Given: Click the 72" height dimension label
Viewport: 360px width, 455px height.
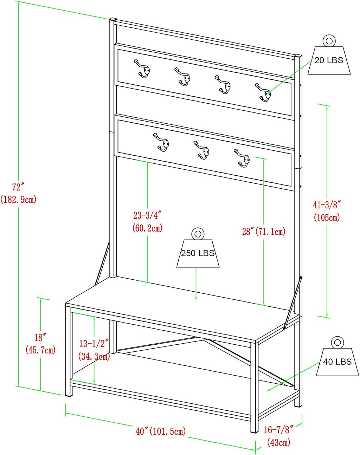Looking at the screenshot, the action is (x=18, y=187).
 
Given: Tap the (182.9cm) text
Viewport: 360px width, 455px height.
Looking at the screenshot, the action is (x=18, y=199).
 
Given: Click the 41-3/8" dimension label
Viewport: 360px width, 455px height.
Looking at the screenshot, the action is (x=327, y=205).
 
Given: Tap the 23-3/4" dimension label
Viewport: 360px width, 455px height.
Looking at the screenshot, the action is (x=147, y=215).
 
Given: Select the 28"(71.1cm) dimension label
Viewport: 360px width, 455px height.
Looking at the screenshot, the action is (x=264, y=232).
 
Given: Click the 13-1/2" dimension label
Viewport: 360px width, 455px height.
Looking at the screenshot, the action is (x=94, y=344).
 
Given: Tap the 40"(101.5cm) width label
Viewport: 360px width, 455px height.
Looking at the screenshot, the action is (x=161, y=431).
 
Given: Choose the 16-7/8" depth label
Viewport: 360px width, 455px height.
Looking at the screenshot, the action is (x=278, y=430).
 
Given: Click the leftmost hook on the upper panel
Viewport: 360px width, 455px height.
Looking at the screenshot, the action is (x=142, y=69).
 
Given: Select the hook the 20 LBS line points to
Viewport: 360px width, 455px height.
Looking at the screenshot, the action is (x=263, y=92).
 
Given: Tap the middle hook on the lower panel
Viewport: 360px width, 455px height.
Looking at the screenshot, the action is (x=201, y=150).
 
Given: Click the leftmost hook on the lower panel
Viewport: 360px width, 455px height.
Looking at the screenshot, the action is (x=161, y=142).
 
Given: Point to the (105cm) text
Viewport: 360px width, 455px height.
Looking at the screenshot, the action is (x=327, y=217).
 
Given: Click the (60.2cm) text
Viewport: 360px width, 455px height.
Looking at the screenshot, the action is (x=148, y=228).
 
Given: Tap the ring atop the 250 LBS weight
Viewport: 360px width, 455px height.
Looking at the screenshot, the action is (x=198, y=234).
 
